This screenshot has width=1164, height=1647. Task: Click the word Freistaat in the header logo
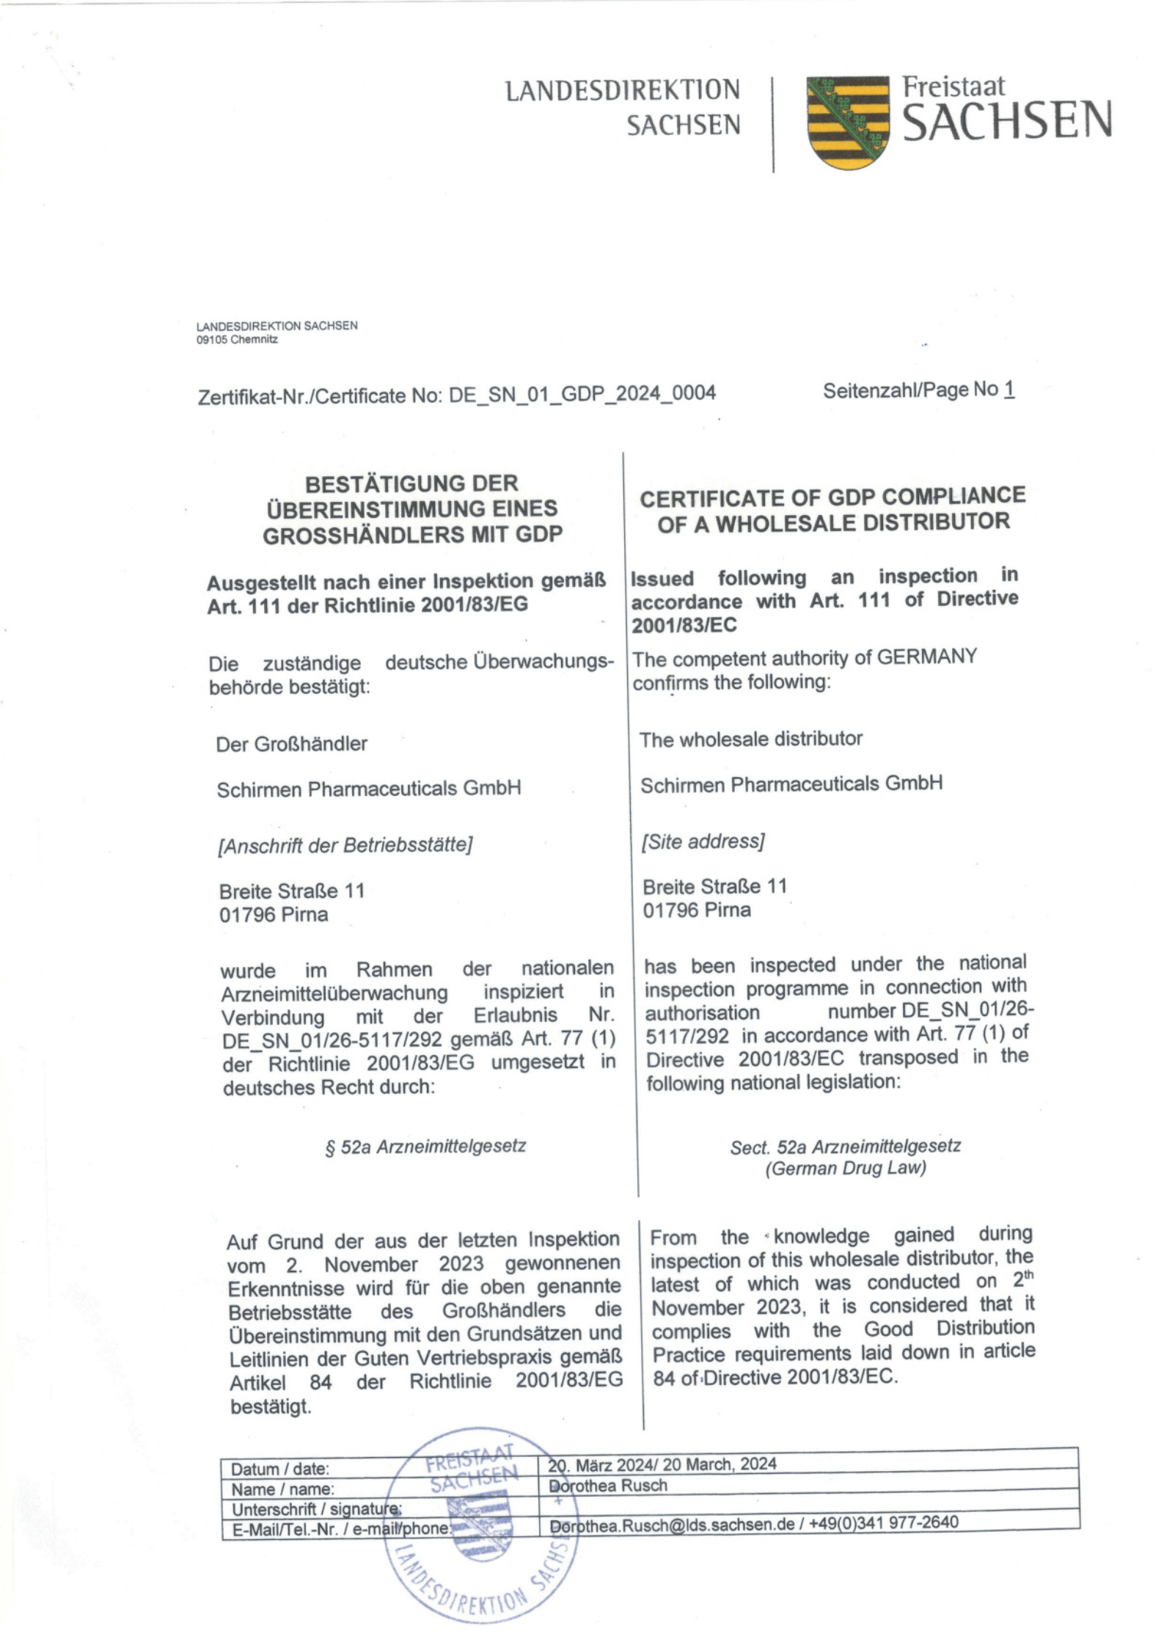953,87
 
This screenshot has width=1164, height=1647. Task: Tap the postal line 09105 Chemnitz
237,340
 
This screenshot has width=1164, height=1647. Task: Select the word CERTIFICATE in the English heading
727,498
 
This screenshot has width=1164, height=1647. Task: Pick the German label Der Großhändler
291,744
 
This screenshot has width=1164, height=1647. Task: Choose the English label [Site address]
703,841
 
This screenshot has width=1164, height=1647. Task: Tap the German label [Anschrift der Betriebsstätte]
345,845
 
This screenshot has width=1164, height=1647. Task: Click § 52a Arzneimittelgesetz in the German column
425,1146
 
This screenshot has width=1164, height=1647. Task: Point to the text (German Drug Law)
845,1167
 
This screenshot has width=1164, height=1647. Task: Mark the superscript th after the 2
1028,1275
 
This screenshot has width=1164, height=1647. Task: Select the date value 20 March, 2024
720,1464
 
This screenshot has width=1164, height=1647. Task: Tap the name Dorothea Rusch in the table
608,1485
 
